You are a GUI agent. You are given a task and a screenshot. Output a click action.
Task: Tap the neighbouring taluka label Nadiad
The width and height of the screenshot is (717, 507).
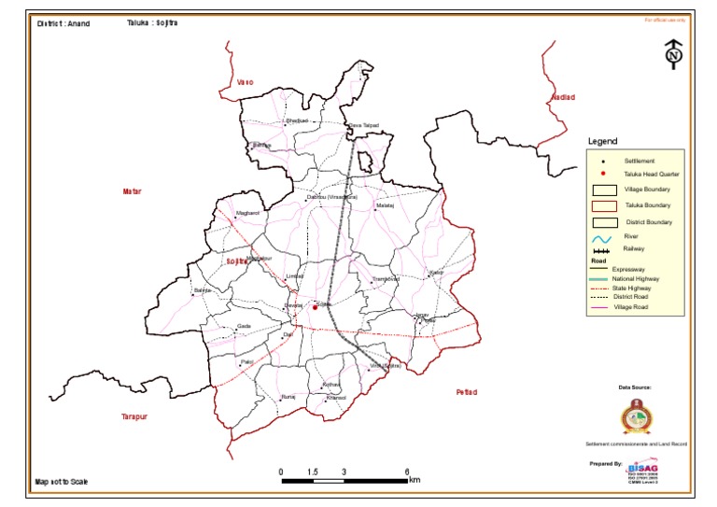click(x=565, y=97)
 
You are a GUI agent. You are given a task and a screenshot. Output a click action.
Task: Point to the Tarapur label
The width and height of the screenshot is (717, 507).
click(x=135, y=416)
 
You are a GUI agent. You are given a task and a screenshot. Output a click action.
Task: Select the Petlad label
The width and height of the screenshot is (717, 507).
click(x=466, y=392)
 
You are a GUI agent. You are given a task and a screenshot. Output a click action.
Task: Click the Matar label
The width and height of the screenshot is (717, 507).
click(x=132, y=191)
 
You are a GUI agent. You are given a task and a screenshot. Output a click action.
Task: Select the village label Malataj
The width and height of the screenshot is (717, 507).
click(x=386, y=205)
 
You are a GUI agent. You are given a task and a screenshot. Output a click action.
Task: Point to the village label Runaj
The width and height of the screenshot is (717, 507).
click(x=288, y=397)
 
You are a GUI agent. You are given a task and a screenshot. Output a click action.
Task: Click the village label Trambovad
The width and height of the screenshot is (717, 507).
click(x=386, y=279)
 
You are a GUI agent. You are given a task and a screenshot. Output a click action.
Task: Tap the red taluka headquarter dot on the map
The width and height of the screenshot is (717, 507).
click(x=316, y=307)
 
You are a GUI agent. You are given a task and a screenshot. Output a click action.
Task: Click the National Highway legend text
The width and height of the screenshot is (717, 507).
click(x=637, y=279)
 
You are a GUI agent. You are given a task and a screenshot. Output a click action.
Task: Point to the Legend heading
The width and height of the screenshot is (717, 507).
click(x=602, y=142)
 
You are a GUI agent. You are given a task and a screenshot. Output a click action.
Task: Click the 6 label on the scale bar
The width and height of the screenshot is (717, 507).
click(x=407, y=472)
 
